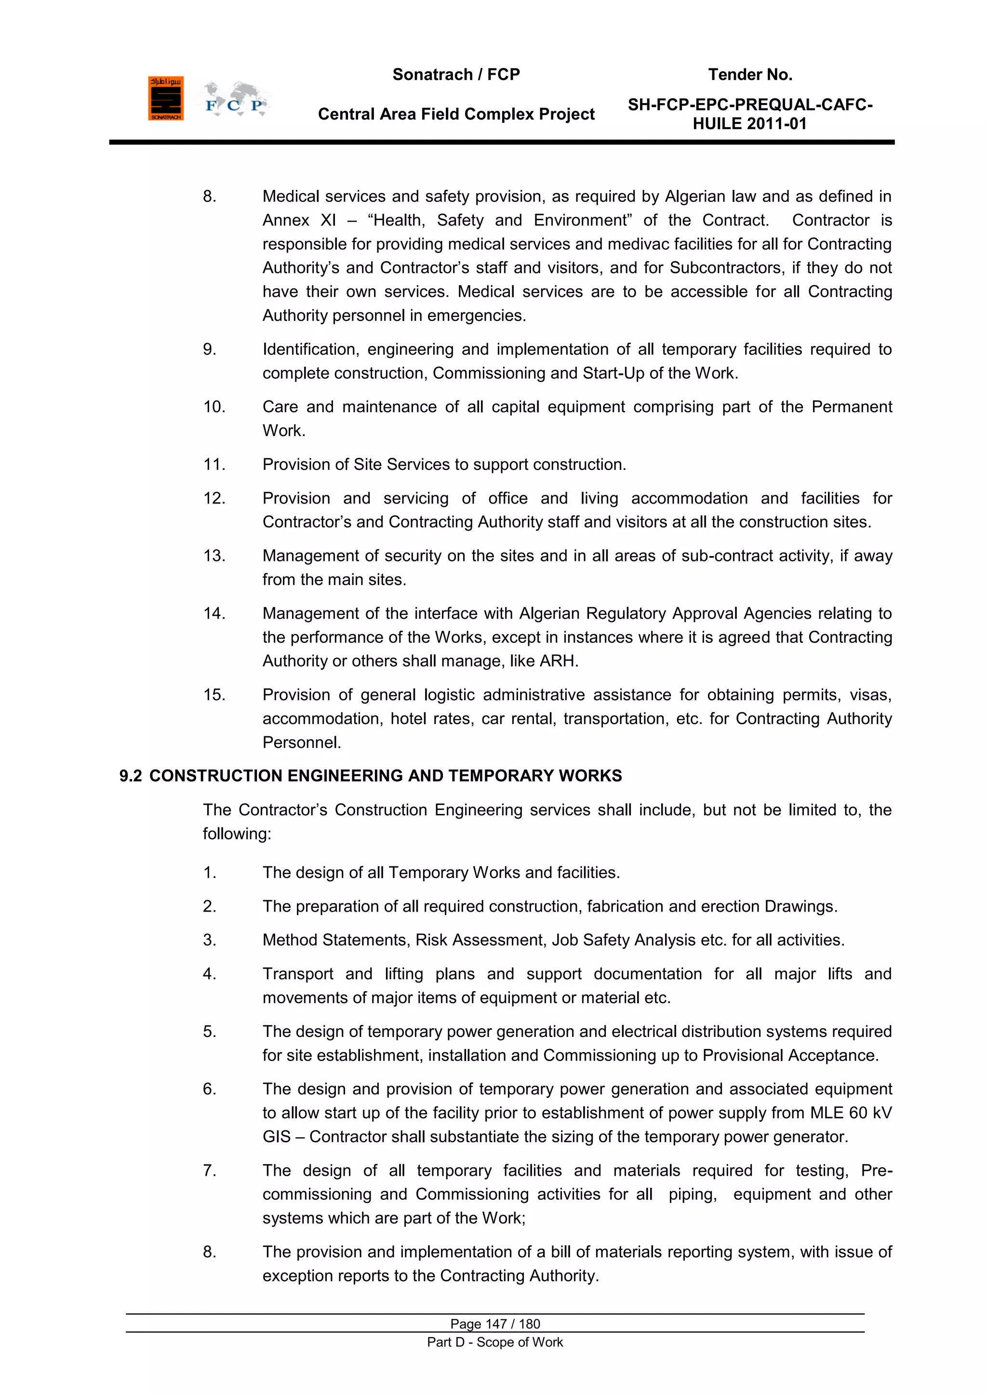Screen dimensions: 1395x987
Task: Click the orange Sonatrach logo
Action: pyautogui.click(x=165, y=98)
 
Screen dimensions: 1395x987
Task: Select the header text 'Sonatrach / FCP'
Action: pyautogui.click(x=456, y=75)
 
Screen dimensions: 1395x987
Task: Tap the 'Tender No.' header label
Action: pyautogui.click(x=750, y=75)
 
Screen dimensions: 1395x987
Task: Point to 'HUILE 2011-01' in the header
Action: pyautogui.click(x=749, y=124)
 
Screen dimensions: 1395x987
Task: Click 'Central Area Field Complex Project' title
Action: pyautogui.click(x=456, y=114)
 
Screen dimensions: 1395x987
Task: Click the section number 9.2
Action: pyautogui.click(x=130, y=776)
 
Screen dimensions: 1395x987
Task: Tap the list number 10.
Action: pyautogui.click(x=214, y=407)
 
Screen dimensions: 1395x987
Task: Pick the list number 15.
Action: pyautogui.click(x=214, y=695)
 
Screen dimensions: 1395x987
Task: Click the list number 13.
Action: pyautogui.click(x=214, y=556)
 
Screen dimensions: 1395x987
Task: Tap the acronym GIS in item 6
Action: pyautogui.click(x=277, y=1137)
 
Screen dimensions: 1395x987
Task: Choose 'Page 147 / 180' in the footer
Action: pyautogui.click(x=495, y=1324)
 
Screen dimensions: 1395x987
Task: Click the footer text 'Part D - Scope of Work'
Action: pyautogui.click(x=495, y=1342)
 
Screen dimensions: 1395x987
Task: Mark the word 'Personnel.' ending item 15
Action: pyautogui.click(x=301, y=743)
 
